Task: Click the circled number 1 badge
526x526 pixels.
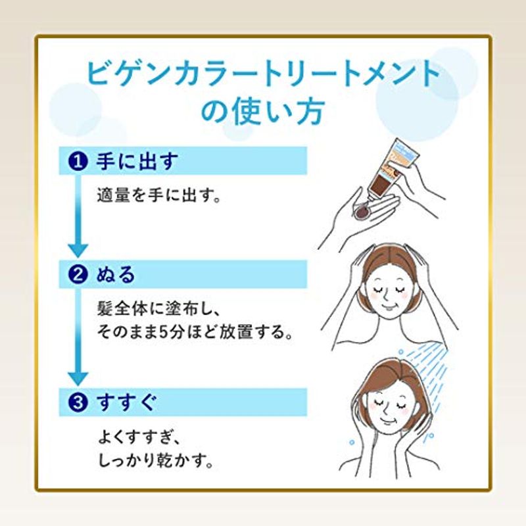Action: (x=78, y=161)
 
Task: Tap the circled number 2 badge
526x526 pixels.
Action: (x=78, y=275)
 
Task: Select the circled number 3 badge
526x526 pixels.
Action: (x=78, y=402)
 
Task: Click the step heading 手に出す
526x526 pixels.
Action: (x=137, y=161)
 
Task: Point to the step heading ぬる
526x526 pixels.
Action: (x=116, y=275)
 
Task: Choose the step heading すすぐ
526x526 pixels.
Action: (x=126, y=402)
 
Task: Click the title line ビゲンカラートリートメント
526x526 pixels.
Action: (x=264, y=75)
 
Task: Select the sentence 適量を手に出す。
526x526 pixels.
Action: (x=159, y=195)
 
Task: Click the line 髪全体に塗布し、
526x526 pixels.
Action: (x=158, y=309)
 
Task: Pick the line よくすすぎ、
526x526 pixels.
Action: (x=139, y=438)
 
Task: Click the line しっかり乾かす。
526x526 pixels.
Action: (x=156, y=462)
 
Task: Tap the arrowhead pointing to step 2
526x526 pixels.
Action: (x=78, y=251)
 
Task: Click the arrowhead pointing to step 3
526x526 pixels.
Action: (x=78, y=379)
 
